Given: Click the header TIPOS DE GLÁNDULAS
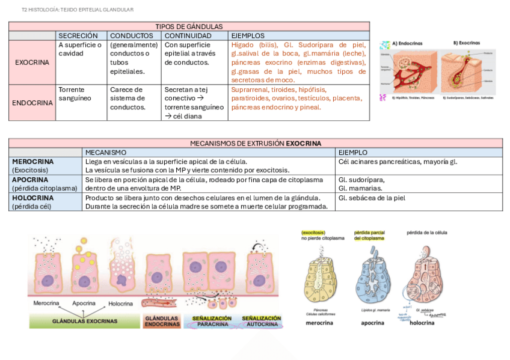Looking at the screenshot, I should [189, 26].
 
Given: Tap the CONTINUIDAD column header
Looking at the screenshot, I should [188, 35].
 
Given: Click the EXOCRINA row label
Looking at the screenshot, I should [32, 62].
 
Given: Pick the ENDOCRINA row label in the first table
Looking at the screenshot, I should [32, 103].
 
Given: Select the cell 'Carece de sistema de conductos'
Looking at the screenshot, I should [127, 98].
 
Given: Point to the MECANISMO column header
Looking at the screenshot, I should [106, 153].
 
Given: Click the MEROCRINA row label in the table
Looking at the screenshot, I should [32, 162].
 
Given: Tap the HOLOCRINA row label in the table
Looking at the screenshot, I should [32, 198].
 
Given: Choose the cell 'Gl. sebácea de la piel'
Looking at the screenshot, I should [372, 198].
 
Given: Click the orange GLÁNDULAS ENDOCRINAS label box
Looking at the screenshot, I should [162, 322].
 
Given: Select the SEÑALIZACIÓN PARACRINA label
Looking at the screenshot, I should [211, 322].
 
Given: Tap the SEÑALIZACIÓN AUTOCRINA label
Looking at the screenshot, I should [261, 322].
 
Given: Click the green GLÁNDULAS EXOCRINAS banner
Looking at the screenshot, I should [85, 322].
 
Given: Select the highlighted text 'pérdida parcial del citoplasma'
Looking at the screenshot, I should [370, 235].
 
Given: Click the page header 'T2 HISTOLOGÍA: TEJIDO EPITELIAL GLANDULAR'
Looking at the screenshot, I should [78, 10].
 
